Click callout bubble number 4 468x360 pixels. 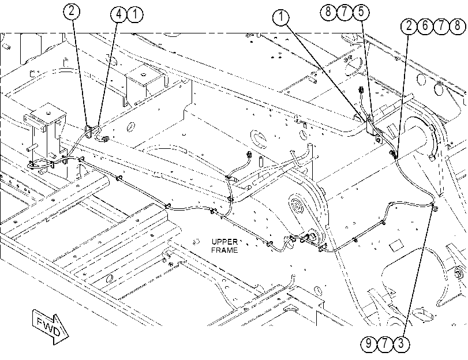[x=119, y=14]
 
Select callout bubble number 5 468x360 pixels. [x=361, y=12]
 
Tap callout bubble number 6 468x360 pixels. [x=425, y=25]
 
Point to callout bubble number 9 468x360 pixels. [x=369, y=343]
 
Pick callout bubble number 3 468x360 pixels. [x=401, y=343]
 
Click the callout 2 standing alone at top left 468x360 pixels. [x=72, y=12]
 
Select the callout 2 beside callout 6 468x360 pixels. [x=409, y=25]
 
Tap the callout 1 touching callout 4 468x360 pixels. [x=135, y=14]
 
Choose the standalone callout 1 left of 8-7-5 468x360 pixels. [x=281, y=17]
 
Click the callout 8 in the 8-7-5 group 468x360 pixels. [x=328, y=12]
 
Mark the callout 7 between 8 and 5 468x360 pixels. [x=345, y=12]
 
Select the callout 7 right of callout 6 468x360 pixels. [x=441, y=25]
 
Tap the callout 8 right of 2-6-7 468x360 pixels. [x=457, y=25]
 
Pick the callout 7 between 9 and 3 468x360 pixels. [x=385, y=343]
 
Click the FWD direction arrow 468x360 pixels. [x=50, y=327]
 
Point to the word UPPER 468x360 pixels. [x=224, y=242]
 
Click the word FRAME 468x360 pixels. [x=224, y=250]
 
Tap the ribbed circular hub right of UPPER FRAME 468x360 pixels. [x=297, y=205]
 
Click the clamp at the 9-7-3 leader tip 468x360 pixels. [x=435, y=207]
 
